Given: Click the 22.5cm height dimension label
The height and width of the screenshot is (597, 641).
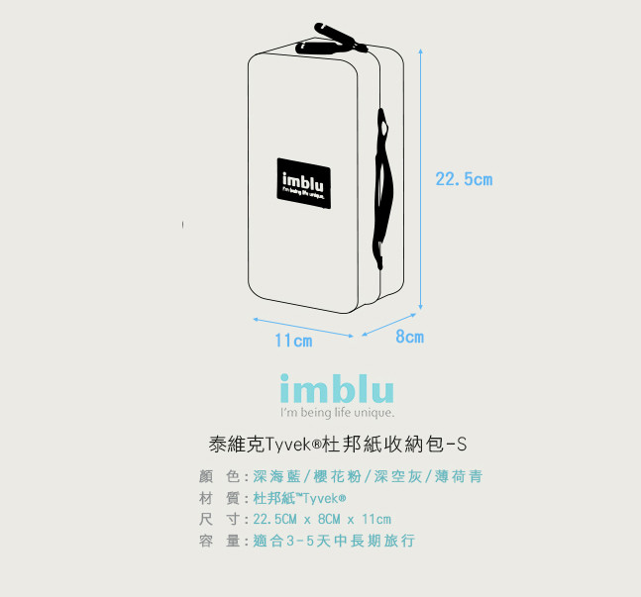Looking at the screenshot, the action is coord(464,179).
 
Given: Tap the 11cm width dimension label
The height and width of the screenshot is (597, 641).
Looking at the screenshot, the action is coord(293,341).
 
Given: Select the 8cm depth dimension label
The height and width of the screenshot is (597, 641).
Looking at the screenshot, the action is coord(409,337).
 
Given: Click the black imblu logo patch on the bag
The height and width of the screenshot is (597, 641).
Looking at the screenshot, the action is coord(304,183).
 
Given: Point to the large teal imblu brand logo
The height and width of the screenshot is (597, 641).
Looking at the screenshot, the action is coord(337,389).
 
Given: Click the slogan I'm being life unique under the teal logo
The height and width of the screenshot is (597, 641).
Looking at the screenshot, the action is coord(337,412).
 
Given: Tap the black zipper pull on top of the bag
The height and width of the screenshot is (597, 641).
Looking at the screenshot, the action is coord(331,40).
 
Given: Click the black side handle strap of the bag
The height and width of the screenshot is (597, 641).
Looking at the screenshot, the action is coord(381,188).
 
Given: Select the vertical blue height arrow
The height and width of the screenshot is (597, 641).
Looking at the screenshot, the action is coord(420,179).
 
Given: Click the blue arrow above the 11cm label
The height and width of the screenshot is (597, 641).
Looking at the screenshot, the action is coord(303,328).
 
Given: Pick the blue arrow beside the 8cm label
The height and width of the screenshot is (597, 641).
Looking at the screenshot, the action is coord(388,325).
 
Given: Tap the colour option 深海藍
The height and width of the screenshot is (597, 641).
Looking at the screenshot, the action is coord(276,476).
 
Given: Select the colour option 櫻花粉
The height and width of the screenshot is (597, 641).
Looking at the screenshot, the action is coord(337,476).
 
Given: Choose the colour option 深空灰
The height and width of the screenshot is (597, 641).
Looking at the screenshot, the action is coord(397,476).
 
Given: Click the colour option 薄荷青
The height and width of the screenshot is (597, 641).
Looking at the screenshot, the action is coord(459,476).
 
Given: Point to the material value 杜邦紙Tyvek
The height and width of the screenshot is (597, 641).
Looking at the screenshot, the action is coord(299,498).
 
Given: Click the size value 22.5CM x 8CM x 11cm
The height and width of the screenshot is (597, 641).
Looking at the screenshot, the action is coord(322,520).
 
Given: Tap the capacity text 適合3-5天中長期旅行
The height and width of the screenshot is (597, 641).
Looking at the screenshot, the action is coord(334,541).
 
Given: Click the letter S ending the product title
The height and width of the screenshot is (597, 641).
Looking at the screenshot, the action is coord(462,445).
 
